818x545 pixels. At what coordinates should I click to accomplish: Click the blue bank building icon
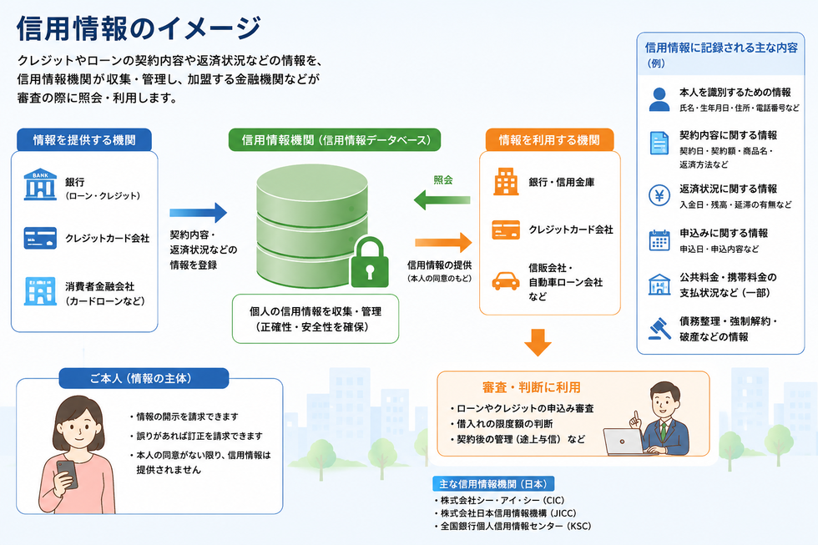coord(40,184)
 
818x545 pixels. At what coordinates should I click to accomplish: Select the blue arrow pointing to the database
coord(199,213)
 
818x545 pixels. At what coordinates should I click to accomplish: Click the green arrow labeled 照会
coord(442,199)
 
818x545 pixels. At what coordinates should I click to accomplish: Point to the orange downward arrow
coord(538,342)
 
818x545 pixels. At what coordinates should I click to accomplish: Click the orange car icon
coord(506,281)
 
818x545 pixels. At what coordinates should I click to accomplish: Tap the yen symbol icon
coord(659,195)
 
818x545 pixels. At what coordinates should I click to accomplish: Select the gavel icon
coord(659,329)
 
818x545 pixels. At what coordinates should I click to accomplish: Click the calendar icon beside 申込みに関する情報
coord(659,240)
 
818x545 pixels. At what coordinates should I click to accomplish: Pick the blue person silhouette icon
coord(659,99)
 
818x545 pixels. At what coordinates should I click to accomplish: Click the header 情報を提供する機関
coord(84,139)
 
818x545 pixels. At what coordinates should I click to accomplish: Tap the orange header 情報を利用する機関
coord(549,139)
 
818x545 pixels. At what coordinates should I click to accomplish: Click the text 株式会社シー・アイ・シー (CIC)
coord(502,500)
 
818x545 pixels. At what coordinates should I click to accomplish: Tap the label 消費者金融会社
coord(99,286)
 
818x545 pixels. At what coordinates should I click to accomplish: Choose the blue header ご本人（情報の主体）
coord(144,379)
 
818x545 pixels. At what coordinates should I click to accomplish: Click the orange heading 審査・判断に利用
coord(531,387)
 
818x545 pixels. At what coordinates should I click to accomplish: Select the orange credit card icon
coord(506,230)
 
